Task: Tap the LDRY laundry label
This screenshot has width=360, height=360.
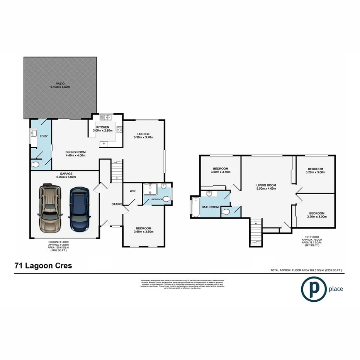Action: coord(43,136)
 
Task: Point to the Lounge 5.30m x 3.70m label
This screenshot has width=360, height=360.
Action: coord(144,136)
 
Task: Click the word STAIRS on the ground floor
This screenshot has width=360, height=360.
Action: coord(117,204)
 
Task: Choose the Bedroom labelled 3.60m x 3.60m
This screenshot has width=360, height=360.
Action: coord(143,230)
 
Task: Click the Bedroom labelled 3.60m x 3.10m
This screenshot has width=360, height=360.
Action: coord(220,170)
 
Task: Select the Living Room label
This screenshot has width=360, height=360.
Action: coord(266,187)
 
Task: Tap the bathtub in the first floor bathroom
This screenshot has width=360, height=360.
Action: coord(195,207)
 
